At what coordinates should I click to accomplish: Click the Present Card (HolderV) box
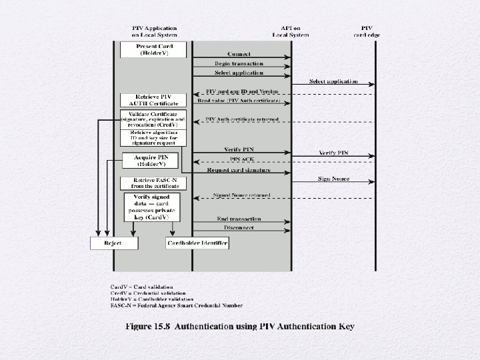(155, 49)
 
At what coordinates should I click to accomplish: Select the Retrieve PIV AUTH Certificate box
(155, 100)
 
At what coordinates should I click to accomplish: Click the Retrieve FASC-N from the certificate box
(155, 183)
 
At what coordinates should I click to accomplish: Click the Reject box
(113, 243)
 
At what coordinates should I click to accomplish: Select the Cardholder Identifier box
(197, 243)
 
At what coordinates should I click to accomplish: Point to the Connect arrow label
(239, 53)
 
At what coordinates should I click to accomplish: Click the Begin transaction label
(239, 63)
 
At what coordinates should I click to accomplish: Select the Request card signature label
(239, 170)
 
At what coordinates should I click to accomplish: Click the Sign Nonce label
(334, 179)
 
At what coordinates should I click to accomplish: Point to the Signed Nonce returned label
(241, 195)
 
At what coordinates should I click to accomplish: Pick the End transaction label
(239, 219)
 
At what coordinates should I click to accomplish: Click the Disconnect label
(239, 228)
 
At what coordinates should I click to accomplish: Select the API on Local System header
(291, 31)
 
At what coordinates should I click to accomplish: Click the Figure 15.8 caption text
(240, 326)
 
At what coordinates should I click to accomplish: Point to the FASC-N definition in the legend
(177, 306)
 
